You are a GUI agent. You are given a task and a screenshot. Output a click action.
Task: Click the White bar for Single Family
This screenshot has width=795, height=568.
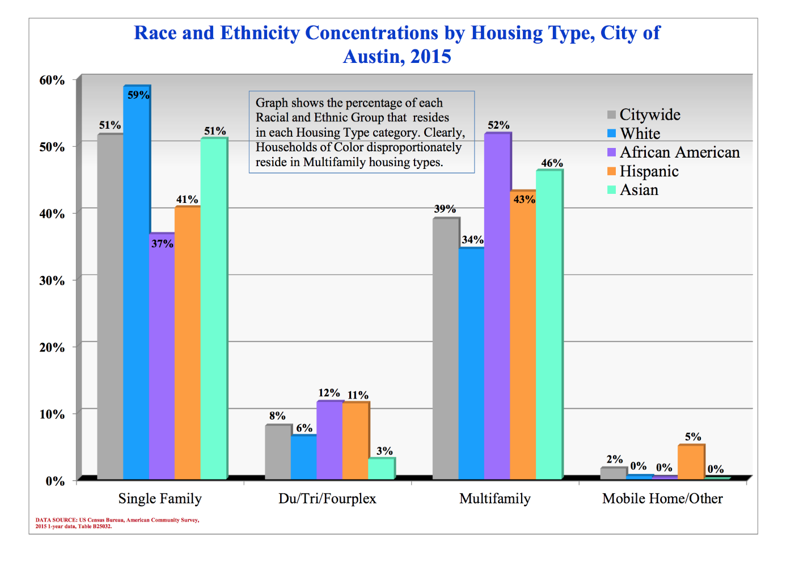136,283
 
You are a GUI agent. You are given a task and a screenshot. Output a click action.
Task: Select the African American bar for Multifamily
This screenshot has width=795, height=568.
497,306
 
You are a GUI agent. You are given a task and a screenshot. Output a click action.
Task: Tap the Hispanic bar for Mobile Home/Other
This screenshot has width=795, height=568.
691,463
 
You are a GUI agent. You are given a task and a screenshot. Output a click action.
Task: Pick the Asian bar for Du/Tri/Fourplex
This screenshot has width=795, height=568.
381,469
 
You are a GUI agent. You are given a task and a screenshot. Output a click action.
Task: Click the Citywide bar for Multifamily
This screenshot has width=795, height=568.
446,349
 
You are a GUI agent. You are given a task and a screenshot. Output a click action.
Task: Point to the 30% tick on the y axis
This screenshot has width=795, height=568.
52,281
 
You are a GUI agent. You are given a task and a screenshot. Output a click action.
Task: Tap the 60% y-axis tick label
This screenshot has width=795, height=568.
52,80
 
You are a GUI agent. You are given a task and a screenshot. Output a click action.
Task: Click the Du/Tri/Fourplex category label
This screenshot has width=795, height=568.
327,499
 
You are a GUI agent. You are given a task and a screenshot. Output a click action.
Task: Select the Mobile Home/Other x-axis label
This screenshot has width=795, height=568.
662,499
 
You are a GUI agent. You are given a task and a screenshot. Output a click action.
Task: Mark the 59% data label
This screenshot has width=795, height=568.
138,95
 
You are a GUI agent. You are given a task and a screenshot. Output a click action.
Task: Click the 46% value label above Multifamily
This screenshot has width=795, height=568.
552,163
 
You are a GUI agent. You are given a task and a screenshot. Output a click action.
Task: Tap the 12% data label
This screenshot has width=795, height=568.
329,393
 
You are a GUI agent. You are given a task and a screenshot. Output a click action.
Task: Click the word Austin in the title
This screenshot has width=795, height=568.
374,57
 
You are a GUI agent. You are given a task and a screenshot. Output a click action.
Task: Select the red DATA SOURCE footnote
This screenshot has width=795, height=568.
117,523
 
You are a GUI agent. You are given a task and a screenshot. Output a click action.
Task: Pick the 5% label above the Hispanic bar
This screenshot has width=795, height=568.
692,437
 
